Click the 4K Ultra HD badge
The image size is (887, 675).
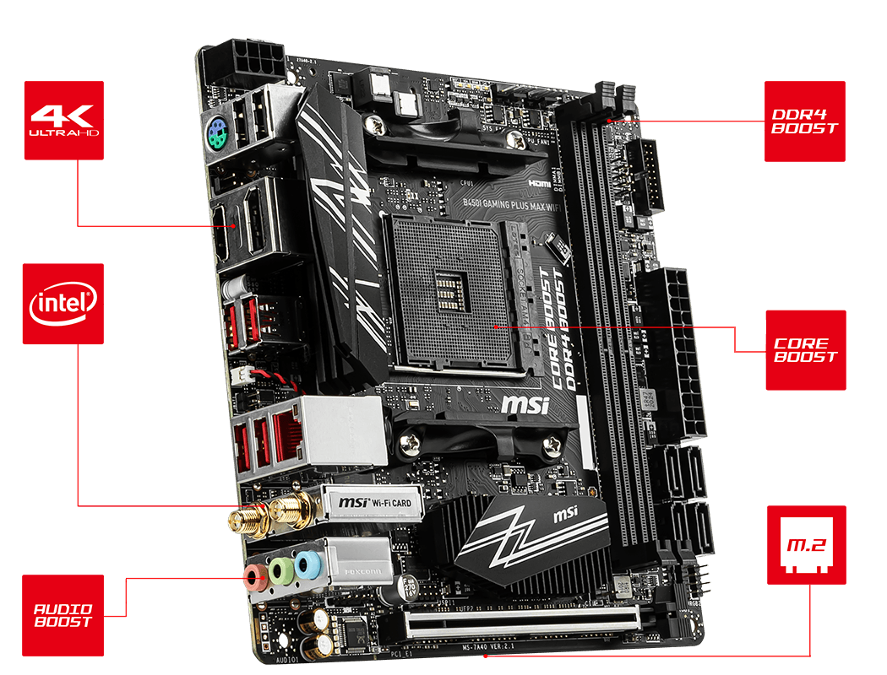[x=63, y=121]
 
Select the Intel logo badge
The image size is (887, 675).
[x=63, y=304]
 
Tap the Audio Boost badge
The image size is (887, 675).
[x=63, y=615]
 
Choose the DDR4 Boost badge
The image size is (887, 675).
[x=804, y=121]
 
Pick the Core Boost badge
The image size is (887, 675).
[x=805, y=350]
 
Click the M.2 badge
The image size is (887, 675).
[x=806, y=546]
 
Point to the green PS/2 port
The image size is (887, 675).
[x=216, y=131]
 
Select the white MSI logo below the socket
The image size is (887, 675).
[x=525, y=404]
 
